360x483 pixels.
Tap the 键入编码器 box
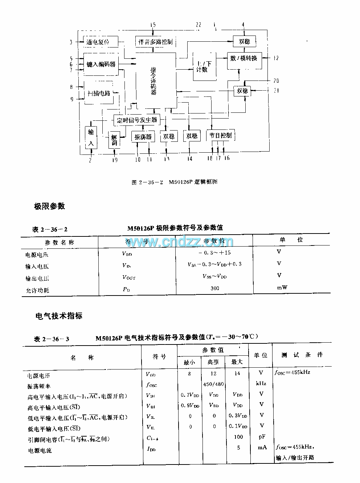(x=101, y=64)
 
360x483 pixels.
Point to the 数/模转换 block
(x=244, y=58)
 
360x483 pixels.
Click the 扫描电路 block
(x=99, y=93)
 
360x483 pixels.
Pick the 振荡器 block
(x=142, y=137)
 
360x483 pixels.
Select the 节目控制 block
(x=220, y=135)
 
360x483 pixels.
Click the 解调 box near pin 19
(x=114, y=140)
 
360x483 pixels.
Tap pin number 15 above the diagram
(x=153, y=25)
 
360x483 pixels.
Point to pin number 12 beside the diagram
(x=276, y=58)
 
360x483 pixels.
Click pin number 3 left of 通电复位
(x=71, y=42)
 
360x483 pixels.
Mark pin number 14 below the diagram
(x=190, y=158)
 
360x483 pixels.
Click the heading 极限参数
(x=49, y=206)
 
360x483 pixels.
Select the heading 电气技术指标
(x=58, y=316)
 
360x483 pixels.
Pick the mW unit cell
(x=282, y=288)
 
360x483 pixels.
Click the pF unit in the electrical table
(x=262, y=437)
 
